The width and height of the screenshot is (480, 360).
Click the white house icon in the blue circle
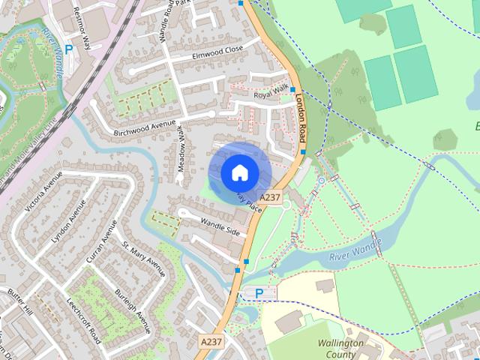coord(239,172)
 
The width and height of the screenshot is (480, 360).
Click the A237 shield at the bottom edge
coord(211,341)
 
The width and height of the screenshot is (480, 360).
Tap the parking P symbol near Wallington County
coord(259,293)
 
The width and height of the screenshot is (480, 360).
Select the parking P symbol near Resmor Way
coord(69,49)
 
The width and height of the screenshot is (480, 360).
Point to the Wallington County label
coord(340,349)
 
